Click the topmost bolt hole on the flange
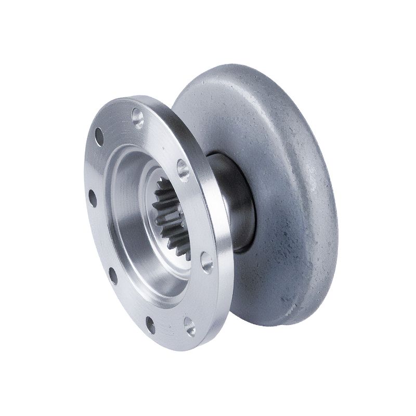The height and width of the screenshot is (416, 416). click(138, 116)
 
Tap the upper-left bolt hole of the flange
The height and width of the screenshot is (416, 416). click(99, 137)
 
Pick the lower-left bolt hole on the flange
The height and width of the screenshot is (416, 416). click(113, 275)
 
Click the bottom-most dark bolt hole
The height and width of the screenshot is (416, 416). click(150, 324)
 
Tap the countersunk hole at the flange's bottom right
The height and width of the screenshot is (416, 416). click(190, 326)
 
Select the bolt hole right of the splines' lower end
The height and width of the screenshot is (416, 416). click(206, 262)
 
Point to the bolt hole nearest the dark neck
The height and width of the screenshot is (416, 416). click(183, 169)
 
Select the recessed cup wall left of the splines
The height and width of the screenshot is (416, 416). click(125, 218)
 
